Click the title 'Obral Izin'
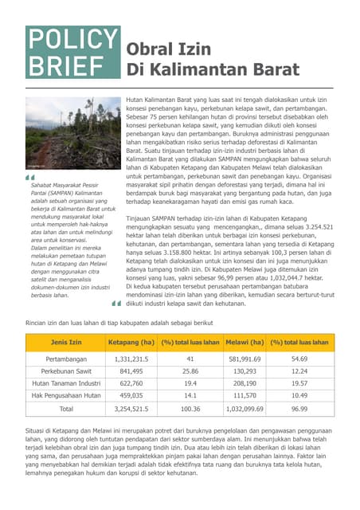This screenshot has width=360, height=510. pyautogui.click(x=169, y=49)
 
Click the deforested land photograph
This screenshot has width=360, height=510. pyautogui.click(x=72, y=132)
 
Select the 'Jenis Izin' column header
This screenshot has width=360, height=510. pyautogui.click(x=66, y=343)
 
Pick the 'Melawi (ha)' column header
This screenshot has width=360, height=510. pyautogui.click(x=245, y=343)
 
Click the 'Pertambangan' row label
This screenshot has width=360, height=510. pyautogui.click(x=66, y=359)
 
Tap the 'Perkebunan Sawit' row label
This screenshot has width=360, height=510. pyautogui.click(x=66, y=371)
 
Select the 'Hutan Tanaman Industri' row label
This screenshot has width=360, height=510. pyautogui.click(x=66, y=383)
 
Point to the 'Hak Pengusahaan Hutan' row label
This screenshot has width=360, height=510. pyautogui.click(x=66, y=395)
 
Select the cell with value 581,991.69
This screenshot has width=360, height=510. pyautogui.click(x=245, y=359)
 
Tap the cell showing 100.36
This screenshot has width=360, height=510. pyautogui.click(x=190, y=408)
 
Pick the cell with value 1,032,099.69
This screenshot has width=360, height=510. pyautogui.click(x=245, y=408)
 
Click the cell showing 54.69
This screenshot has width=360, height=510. pyautogui.click(x=299, y=359)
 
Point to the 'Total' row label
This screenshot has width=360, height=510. pyautogui.click(x=66, y=408)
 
